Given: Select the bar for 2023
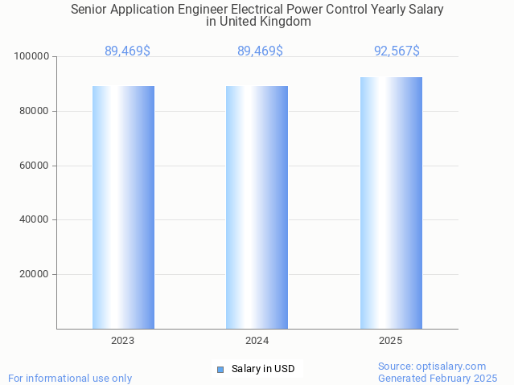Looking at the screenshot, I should pyautogui.click(x=123, y=207).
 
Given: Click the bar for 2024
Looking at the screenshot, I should pyautogui.click(x=257, y=207).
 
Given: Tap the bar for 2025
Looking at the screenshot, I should pyautogui.click(x=391, y=203).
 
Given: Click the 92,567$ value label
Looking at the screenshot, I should pyautogui.click(x=397, y=51).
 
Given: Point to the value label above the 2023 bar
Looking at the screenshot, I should pyautogui.click(x=127, y=51).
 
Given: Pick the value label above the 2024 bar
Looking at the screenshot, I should pyautogui.click(x=260, y=51).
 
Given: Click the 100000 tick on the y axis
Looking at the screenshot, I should pyautogui.click(x=33, y=57).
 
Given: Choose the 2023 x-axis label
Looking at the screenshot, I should pyautogui.click(x=123, y=341).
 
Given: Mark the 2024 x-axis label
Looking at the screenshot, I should pyautogui.click(x=257, y=341).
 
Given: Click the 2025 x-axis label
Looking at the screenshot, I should pyautogui.click(x=391, y=341).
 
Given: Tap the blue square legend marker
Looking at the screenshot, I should pyautogui.click(x=220, y=369).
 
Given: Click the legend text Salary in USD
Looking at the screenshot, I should pyautogui.click(x=263, y=369).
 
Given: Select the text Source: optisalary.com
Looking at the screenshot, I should pyautogui.click(x=432, y=366).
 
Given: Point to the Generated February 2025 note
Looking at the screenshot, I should pyautogui.click(x=438, y=378).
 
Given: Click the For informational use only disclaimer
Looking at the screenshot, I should pyautogui.click(x=70, y=378).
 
